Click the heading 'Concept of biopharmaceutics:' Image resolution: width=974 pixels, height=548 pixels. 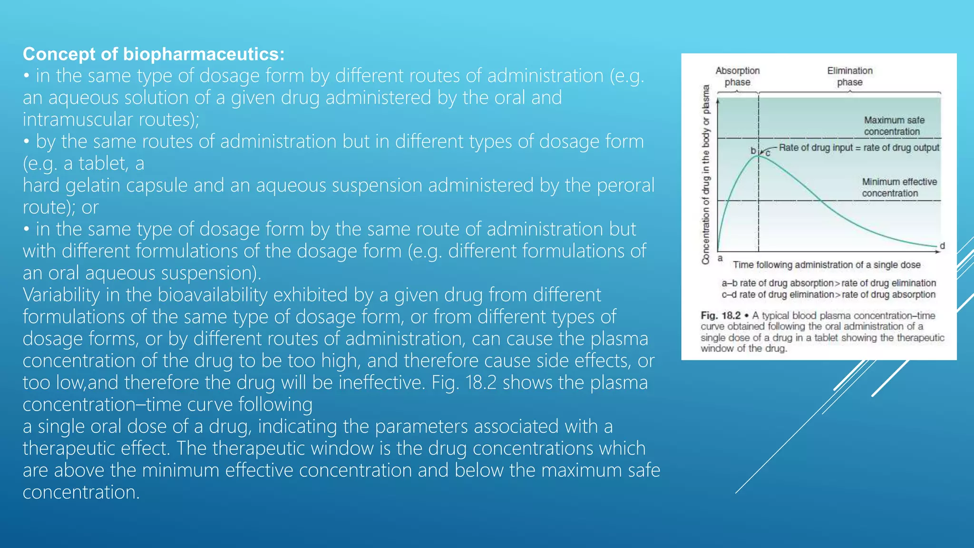(153, 54)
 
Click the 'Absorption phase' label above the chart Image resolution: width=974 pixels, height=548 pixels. (737, 76)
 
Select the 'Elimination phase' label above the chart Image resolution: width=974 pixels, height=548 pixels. (849, 76)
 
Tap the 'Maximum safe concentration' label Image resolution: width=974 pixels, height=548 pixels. (894, 126)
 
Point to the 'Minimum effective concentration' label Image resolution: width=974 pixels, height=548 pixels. (899, 187)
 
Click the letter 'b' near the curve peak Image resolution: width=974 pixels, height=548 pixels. (753, 151)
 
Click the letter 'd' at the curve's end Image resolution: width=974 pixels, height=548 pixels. (942, 245)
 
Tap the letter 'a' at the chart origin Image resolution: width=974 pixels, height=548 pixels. (720, 258)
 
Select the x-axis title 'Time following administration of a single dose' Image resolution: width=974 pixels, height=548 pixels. (827, 265)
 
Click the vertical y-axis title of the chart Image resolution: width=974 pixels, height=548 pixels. (706, 174)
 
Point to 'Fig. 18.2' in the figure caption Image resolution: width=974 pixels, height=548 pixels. (721, 315)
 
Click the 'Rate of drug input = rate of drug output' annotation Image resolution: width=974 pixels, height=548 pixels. (858, 147)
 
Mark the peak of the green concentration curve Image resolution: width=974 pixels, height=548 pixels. (759, 156)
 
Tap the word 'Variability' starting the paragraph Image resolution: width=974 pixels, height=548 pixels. (61, 295)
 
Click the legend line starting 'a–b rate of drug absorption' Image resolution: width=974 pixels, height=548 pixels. (828, 283)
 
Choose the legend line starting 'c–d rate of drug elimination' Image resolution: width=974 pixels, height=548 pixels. (828, 294)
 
